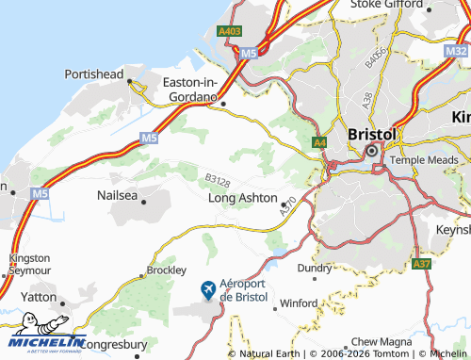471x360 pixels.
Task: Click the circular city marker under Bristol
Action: (371, 151)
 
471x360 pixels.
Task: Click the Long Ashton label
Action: (242, 199)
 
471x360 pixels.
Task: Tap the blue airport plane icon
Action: (208, 288)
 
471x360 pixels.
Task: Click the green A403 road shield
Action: (229, 31)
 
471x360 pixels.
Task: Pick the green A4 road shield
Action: (320, 143)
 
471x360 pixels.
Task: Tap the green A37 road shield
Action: (421, 266)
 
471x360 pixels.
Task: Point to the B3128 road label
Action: (218, 179)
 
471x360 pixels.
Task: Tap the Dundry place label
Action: (315, 268)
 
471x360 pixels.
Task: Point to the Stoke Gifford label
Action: (382, 6)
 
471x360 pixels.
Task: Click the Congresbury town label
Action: (118, 345)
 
